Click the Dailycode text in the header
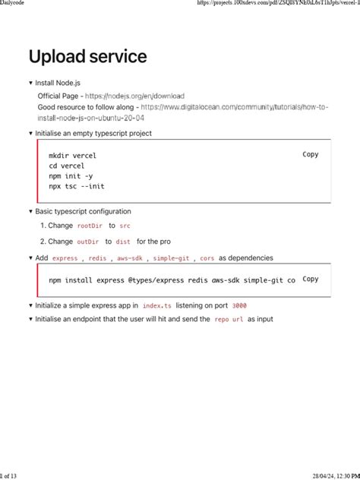coord(17,4)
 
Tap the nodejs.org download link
coord(134,96)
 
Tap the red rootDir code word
coord(90,226)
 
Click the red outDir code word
coord(88,242)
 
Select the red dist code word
coord(123,242)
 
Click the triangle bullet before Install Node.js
coord(30,83)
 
